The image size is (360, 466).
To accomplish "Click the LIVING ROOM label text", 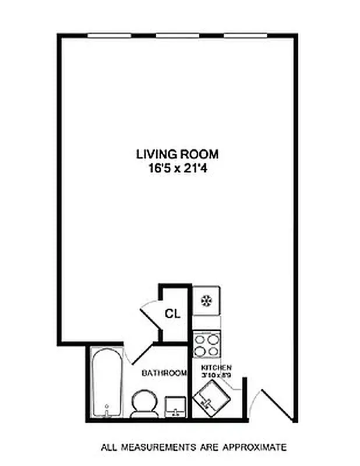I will pyautogui.click(x=177, y=154).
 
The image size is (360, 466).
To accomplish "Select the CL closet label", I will pyautogui.click(x=172, y=314).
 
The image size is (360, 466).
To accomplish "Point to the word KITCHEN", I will pyautogui.click(x=217, y=368).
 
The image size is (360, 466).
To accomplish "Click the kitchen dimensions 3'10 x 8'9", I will pyautogui.click(x=217, y=376).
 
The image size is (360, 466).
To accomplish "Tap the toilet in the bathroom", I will pyautogui.click(x=143, y=404).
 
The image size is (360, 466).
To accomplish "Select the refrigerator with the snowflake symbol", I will pyautogui.click(x=206, y=301).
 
